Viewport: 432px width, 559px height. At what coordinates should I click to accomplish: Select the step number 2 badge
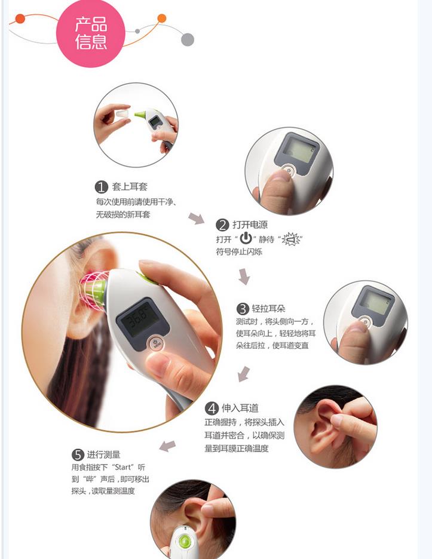222,225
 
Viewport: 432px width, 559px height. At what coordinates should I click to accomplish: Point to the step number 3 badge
243,309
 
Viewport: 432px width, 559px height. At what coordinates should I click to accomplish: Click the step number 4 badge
212,408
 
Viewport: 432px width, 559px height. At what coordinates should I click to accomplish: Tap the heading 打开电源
250,225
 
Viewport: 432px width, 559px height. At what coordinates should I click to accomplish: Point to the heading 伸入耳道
240,408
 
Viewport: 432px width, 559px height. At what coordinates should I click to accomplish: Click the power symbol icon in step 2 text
246,239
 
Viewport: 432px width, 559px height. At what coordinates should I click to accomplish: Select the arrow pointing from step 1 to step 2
196,218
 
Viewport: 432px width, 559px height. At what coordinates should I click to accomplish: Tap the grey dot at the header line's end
188,39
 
